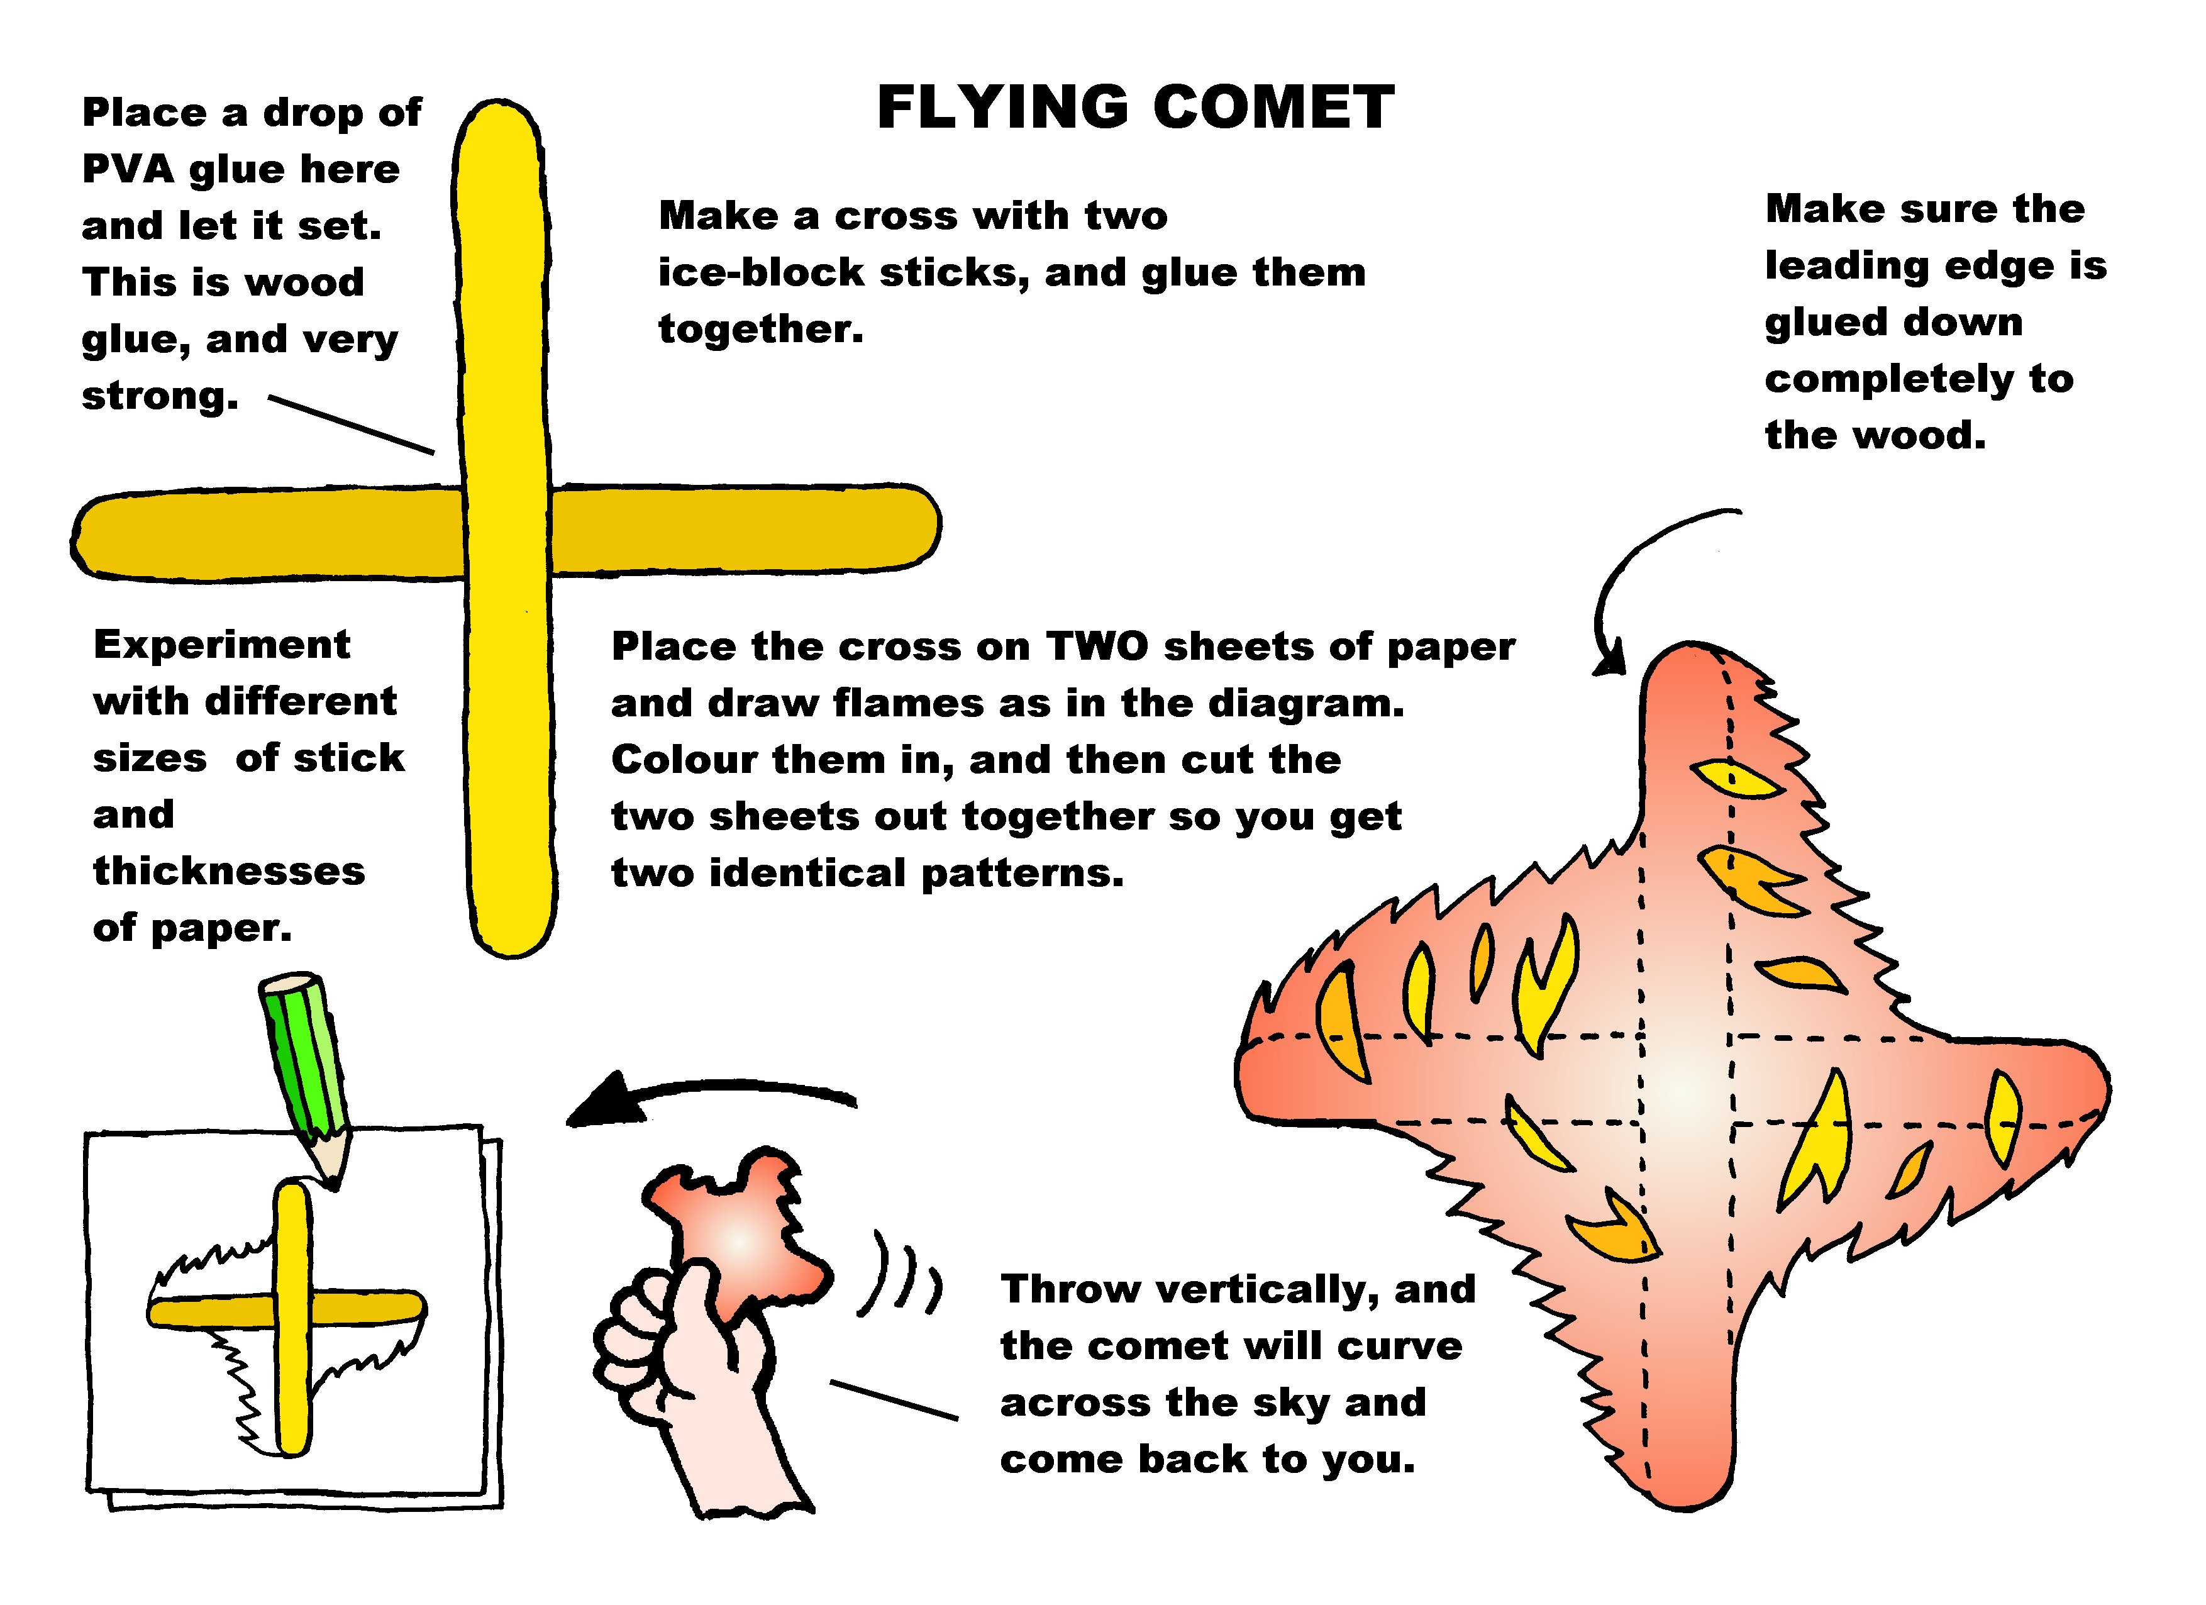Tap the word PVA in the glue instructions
(128, 169)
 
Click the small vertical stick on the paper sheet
(293, 1319)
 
